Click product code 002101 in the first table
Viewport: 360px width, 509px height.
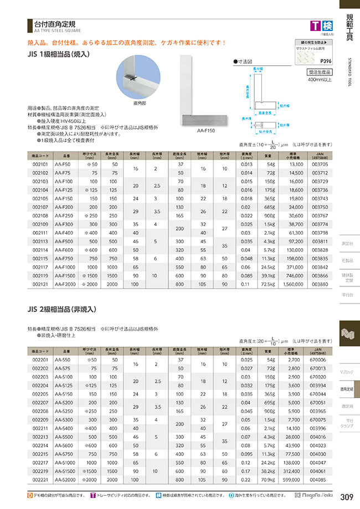point(41,164)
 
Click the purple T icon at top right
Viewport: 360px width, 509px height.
point(315,25)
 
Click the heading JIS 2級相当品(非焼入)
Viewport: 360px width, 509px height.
point(65,310)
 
